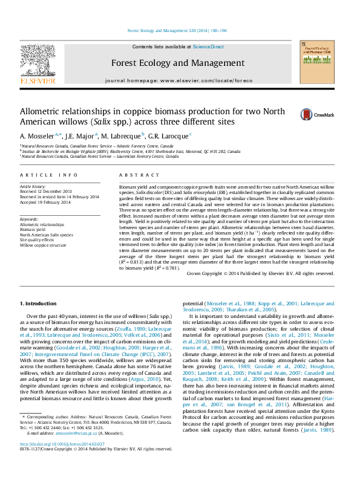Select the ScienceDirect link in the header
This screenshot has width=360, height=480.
tap(208, 47)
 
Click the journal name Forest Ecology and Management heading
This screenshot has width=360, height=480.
tap(177, 63)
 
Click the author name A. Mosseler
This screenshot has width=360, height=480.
tap(38, 135)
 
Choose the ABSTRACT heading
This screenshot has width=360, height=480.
tap(136, 175)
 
